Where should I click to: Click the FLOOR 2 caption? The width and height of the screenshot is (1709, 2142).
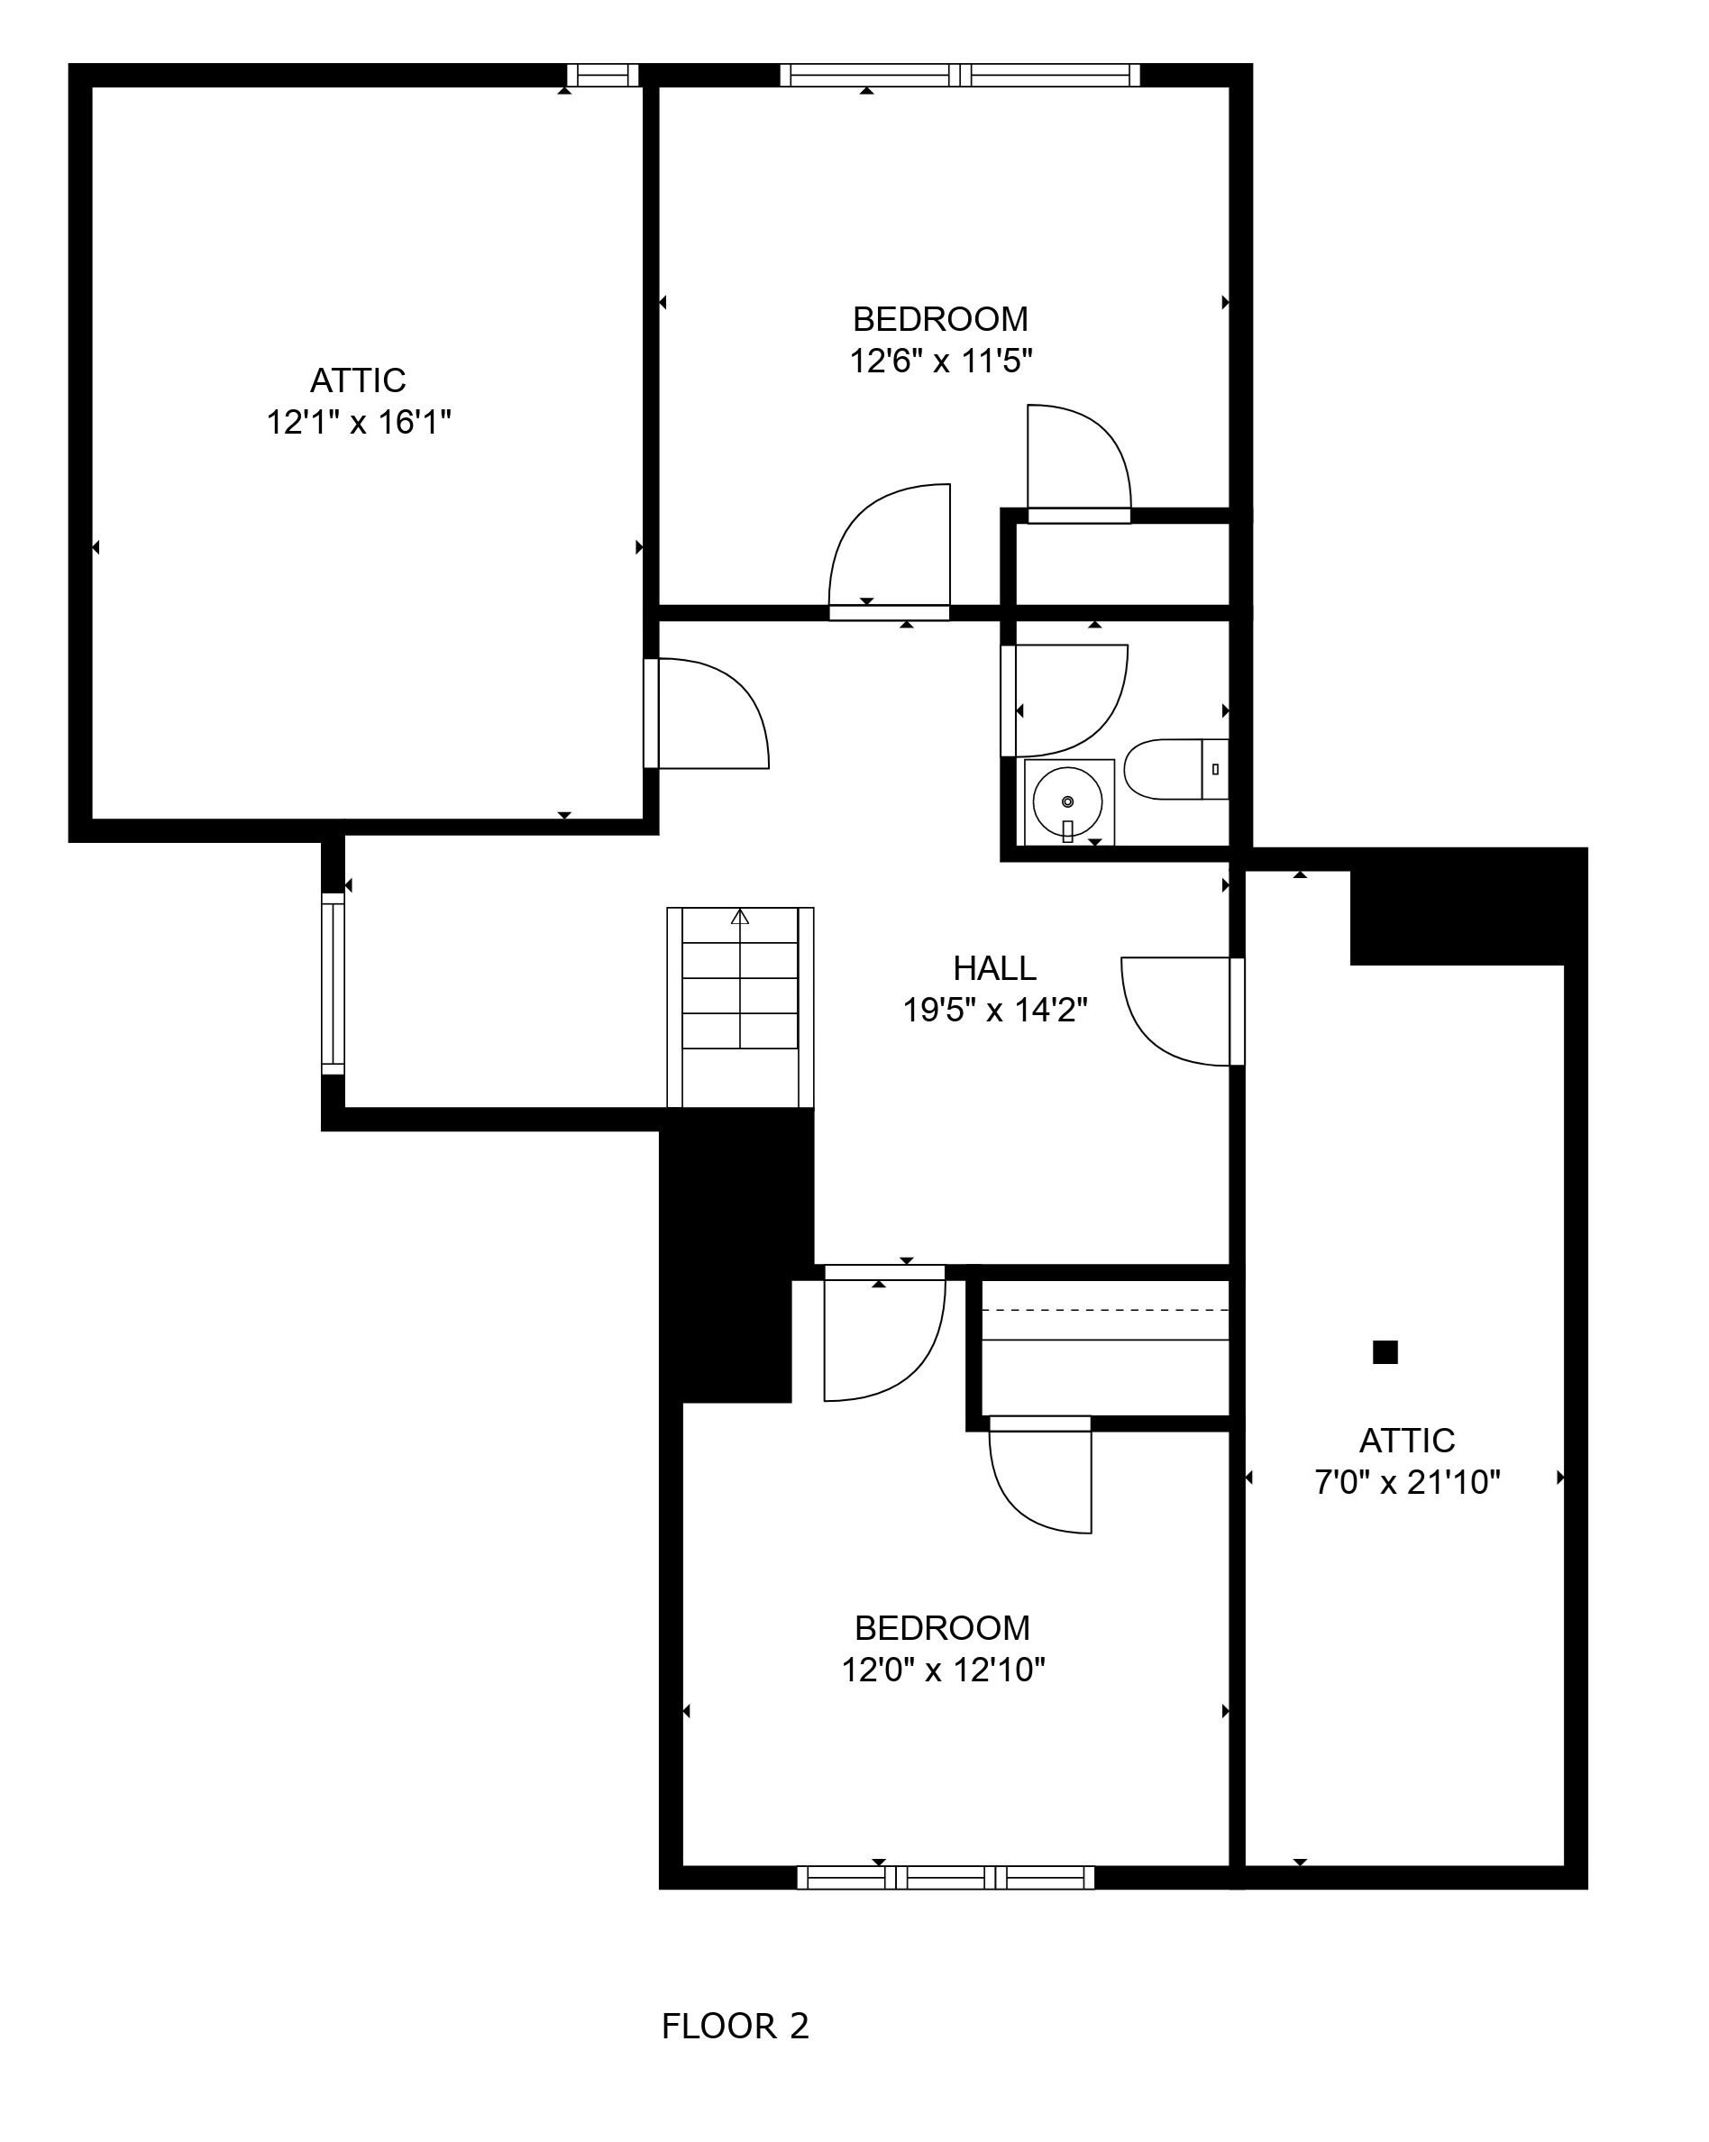[x=736, y=2026]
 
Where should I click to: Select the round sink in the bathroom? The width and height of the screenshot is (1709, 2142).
[x=1067, y=801]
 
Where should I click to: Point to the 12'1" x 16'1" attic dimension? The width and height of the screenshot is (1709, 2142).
[x=359, y=422]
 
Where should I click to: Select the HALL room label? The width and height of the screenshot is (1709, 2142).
[x=994, y=967]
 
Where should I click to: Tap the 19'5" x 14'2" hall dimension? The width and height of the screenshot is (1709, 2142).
[x=994, y=1011]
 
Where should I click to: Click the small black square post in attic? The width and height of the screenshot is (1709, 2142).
[x=1385, y=1352]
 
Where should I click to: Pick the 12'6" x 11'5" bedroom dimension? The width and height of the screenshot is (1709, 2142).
[x=941, y=361]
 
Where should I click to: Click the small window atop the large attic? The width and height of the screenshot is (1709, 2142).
[x=603, y=76]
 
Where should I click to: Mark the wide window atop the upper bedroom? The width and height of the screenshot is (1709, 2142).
[x=960, y=76]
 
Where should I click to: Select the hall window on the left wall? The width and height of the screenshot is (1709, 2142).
[x=333, y=984]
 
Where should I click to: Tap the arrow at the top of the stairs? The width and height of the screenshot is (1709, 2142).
[x=740, y=917]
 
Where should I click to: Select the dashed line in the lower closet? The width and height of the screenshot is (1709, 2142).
[x=1105, y=1311]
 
